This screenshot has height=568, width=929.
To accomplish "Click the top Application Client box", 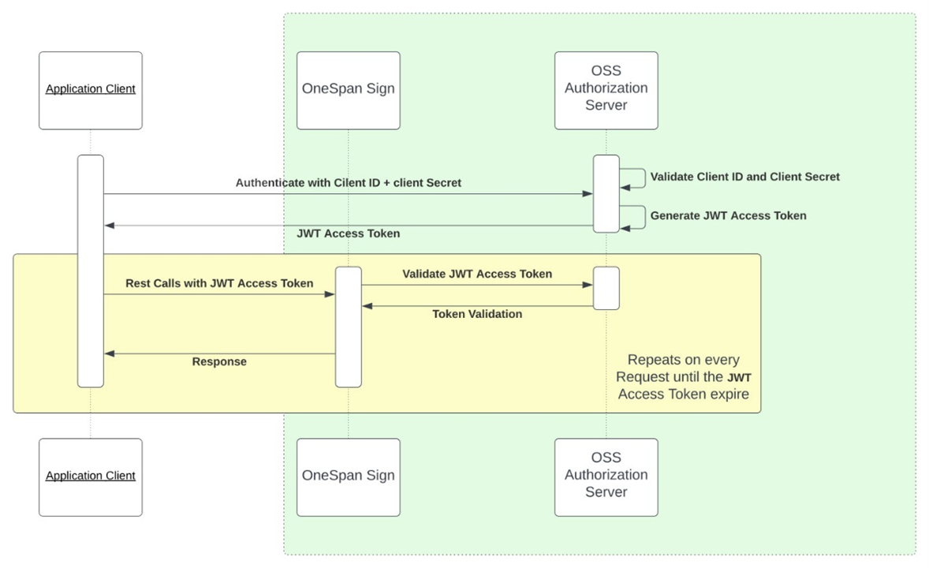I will click(x=91, y=90).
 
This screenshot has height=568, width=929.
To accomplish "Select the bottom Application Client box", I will click(x=91, y=476).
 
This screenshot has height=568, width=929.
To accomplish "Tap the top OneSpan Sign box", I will click(x=348, y=90).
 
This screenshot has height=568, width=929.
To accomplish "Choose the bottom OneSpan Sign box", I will click(x=348, y=476).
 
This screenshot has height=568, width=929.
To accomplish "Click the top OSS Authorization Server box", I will click(x=606, y=90).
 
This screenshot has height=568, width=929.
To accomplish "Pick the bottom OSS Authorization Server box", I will click(x=606, y=476).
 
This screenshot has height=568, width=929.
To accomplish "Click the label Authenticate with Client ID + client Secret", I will click(x=348, y=183).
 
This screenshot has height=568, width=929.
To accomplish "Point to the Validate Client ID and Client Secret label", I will click(x=744, y=177).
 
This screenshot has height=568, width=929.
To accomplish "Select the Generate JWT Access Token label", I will click(x=728, y=215).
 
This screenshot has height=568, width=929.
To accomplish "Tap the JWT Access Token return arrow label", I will click(x=348, y=234).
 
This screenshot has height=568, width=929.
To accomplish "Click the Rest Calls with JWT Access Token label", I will click(x=219, y=283).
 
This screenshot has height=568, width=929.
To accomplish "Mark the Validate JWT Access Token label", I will click(x=476, y=274).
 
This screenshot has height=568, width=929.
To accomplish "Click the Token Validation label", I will click(x=476, y=314).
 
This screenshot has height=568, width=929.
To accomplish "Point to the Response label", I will click(x=219, y=362).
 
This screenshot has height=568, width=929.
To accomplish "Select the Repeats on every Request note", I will click(x=683, y=377).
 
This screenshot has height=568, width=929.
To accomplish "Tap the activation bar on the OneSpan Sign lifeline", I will click(x=348, y=327).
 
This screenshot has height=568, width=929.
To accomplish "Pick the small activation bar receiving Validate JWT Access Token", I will click(x=606, y=288).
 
